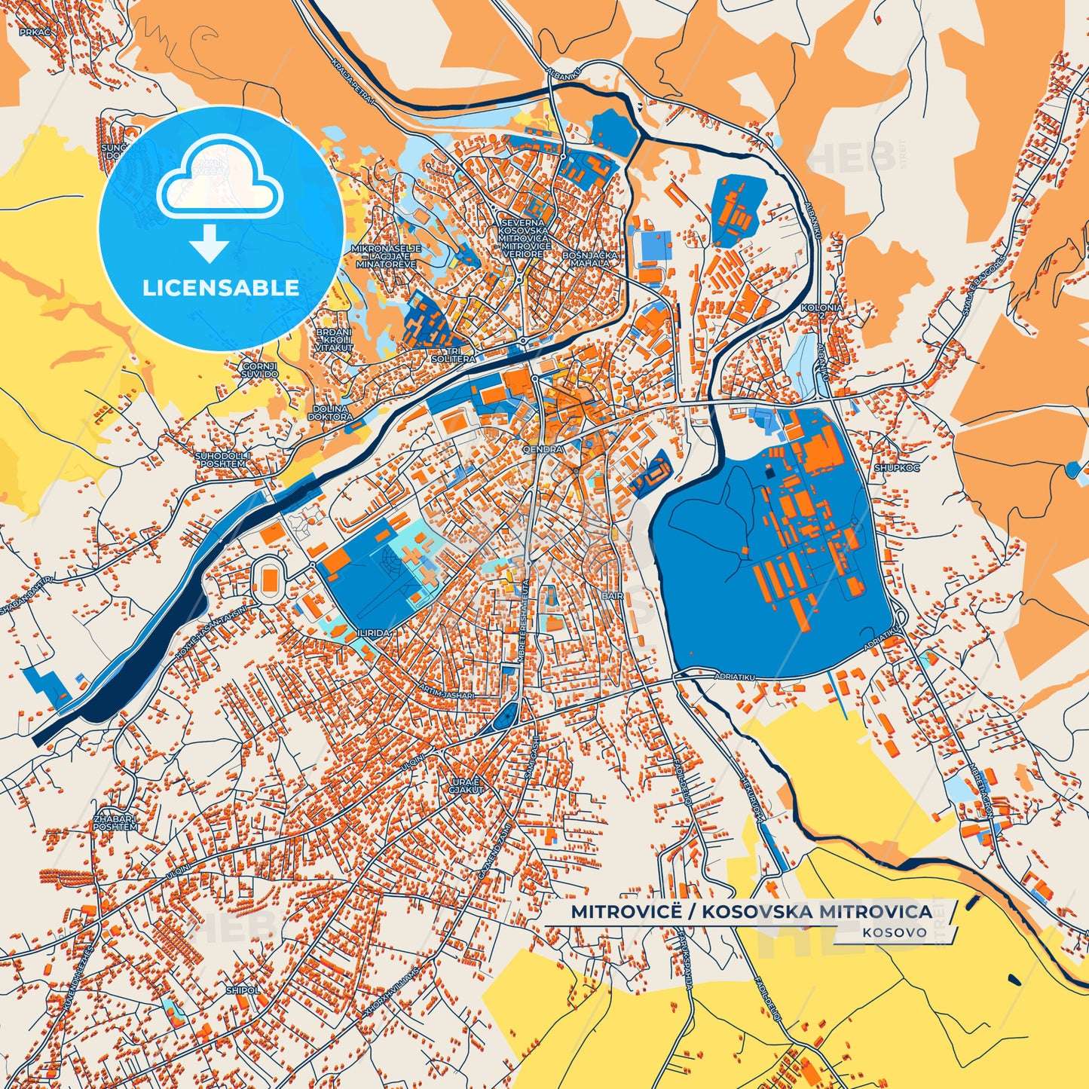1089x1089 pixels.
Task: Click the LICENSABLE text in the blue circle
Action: (221, 288)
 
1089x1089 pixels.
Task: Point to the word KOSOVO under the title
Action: (895, 932)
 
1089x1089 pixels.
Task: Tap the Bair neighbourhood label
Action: (612, 596)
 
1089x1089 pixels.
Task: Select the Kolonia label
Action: (821, 308)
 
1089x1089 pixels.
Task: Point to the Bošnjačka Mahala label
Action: (590, 259)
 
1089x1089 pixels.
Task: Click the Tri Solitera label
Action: (454, 355)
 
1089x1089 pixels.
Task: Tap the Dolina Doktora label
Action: (332, 412)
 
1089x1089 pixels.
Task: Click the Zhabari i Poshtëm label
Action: (115, 821)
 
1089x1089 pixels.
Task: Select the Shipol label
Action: (243, 990)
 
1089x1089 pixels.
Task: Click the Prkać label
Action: (35, 32)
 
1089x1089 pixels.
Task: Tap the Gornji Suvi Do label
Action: (260, 370)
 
